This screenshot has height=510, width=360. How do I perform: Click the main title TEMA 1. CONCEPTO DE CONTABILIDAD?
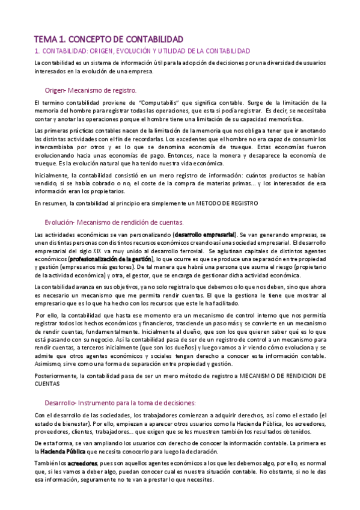(x=107, y=38)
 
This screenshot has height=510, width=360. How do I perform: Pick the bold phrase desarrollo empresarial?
(x=206, y=234)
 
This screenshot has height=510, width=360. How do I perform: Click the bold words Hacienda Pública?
(x=63, y=452)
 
